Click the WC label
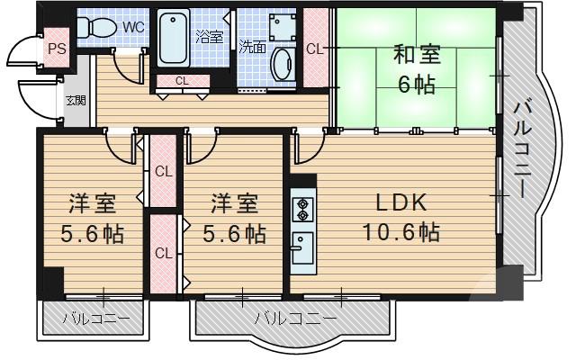tap(133, 27)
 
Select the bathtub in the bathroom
tap(175, 38)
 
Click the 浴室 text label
tap(209, 37)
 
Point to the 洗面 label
tap(253, 47)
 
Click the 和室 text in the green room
tap(416, 55)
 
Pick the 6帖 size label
tap(416, 86)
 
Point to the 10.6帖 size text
tap(400, 233)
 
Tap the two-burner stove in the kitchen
tap(301, 209)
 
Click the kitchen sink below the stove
tap(301, 245)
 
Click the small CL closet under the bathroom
tap(182, 81)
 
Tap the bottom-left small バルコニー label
tap(95, 319)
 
